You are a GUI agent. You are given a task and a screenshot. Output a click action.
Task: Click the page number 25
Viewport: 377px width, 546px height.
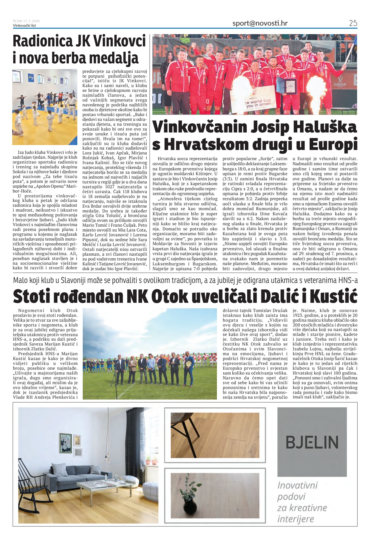(353, 23)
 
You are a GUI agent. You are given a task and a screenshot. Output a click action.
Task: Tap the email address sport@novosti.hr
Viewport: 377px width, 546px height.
(260, 23)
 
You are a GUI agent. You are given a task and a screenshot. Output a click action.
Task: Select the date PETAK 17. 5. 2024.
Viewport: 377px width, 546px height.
(26, 21)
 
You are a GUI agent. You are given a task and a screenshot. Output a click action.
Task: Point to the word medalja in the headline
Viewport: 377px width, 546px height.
(115, 58)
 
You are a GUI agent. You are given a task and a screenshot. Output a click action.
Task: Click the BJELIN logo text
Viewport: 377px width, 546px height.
(312, 442)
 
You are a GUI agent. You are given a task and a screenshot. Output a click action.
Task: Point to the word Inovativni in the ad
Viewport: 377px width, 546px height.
(297, 485)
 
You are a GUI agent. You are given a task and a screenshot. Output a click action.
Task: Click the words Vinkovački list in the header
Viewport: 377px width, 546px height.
(24, 25)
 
